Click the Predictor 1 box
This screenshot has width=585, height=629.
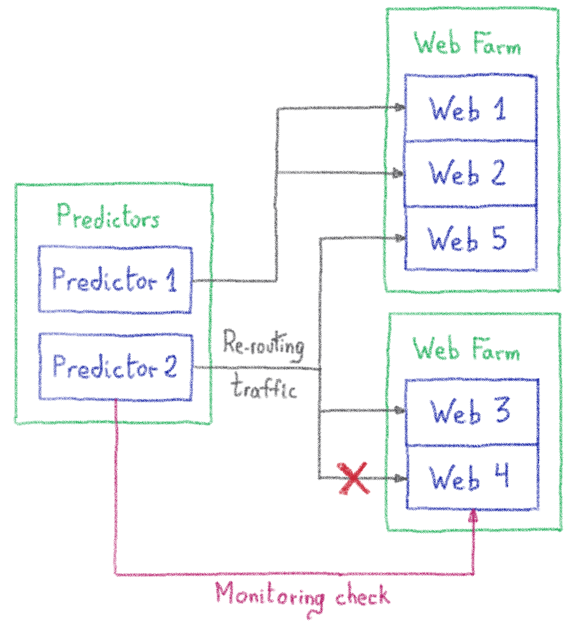[115, 280]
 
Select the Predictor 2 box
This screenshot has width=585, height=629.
[115, 367]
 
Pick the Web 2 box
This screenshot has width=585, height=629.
[470, 173]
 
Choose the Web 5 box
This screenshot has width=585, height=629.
[470, 238]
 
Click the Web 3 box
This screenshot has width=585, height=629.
[472, 412]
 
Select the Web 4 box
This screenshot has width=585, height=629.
[472, 477]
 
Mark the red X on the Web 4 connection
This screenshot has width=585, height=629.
[353, 479]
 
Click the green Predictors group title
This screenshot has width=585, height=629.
[109, 217]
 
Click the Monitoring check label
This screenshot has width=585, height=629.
[302, 595]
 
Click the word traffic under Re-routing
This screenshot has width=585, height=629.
[264, 387]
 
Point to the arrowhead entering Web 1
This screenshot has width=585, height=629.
[400, 108]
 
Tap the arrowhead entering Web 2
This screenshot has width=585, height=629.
[399, 173]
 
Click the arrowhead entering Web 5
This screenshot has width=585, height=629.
[400, 238]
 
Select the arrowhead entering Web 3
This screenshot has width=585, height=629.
[400, 411]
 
